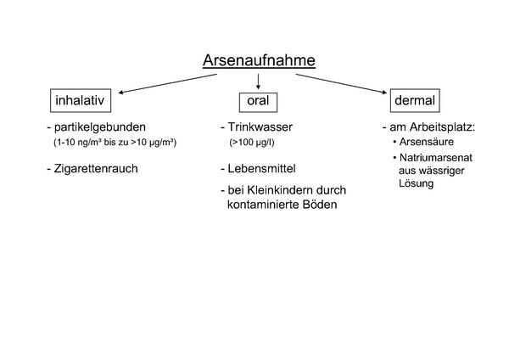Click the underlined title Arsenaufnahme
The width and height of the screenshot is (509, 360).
click(x=259, y=60)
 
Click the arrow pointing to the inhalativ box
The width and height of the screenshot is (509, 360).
click(x=167, y=83)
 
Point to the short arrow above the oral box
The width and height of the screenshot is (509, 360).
click(x=258, y=82)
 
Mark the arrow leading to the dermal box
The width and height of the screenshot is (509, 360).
click(x=341, y=84)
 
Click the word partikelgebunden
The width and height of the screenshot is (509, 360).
click(x=99, y=127)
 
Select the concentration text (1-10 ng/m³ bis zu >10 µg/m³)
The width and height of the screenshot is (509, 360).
click(x=115, y=143)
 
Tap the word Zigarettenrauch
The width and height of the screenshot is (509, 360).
click(x=96, y=169)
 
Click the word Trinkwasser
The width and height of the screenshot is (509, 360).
click(x=260, y=127)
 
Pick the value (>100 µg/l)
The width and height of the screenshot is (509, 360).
click(x=252, y=143)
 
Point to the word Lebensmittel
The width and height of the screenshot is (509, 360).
click(x=261, y=169)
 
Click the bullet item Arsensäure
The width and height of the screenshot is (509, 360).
click(x=427, y=142)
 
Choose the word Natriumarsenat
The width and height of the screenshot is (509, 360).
click(x=436, y=158)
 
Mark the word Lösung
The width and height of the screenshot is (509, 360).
click(x=417, y=183)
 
